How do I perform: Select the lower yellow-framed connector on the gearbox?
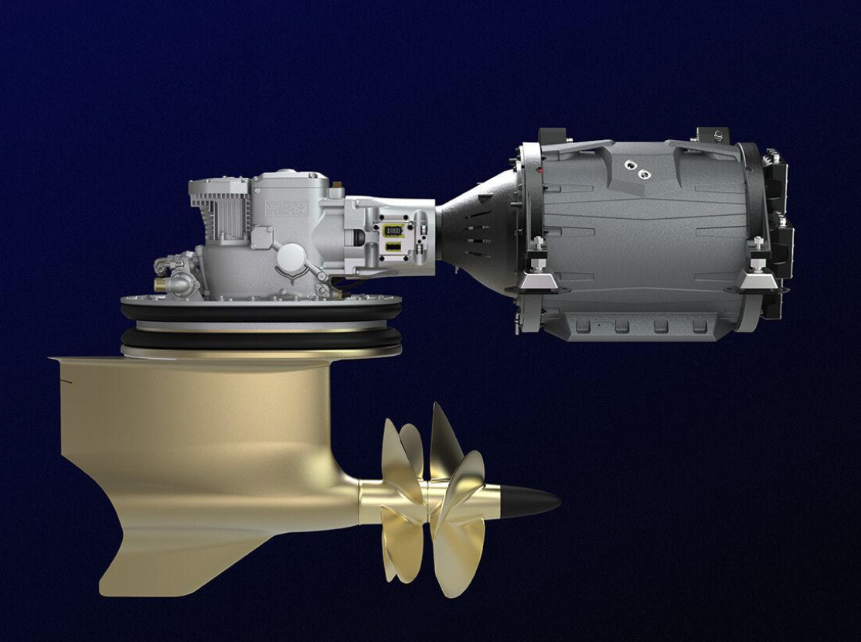click(x=392, y=247)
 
